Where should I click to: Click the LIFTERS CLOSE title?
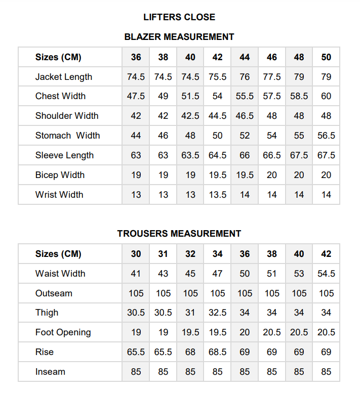tap(179, 17)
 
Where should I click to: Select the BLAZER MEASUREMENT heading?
tap(179, 37)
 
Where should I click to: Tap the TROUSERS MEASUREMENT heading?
tap(179, 234)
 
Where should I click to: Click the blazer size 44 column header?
tap(245, 57)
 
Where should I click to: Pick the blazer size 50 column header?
tap(326, 57)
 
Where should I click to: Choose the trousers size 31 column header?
tap(163, 254)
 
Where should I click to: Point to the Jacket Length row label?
tap(64, 77)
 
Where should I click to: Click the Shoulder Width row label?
tap(67, 116)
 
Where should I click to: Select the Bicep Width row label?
tap(60, 175)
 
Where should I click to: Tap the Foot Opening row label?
tap(63, 332)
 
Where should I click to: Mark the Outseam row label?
tap(54, 293)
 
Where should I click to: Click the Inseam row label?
tap(50, 372)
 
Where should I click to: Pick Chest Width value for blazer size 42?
tap(217, 96)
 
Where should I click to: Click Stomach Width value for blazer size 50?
tap(326, 136)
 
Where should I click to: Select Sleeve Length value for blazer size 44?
tap(245, 155)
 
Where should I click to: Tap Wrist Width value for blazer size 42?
tap(217, 195)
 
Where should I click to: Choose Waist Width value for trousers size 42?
tap(326, 274)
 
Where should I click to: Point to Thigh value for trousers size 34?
tap(217, 313)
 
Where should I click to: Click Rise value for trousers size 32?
tap(190, 352)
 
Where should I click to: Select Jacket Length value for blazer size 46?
tap(272, 77)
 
